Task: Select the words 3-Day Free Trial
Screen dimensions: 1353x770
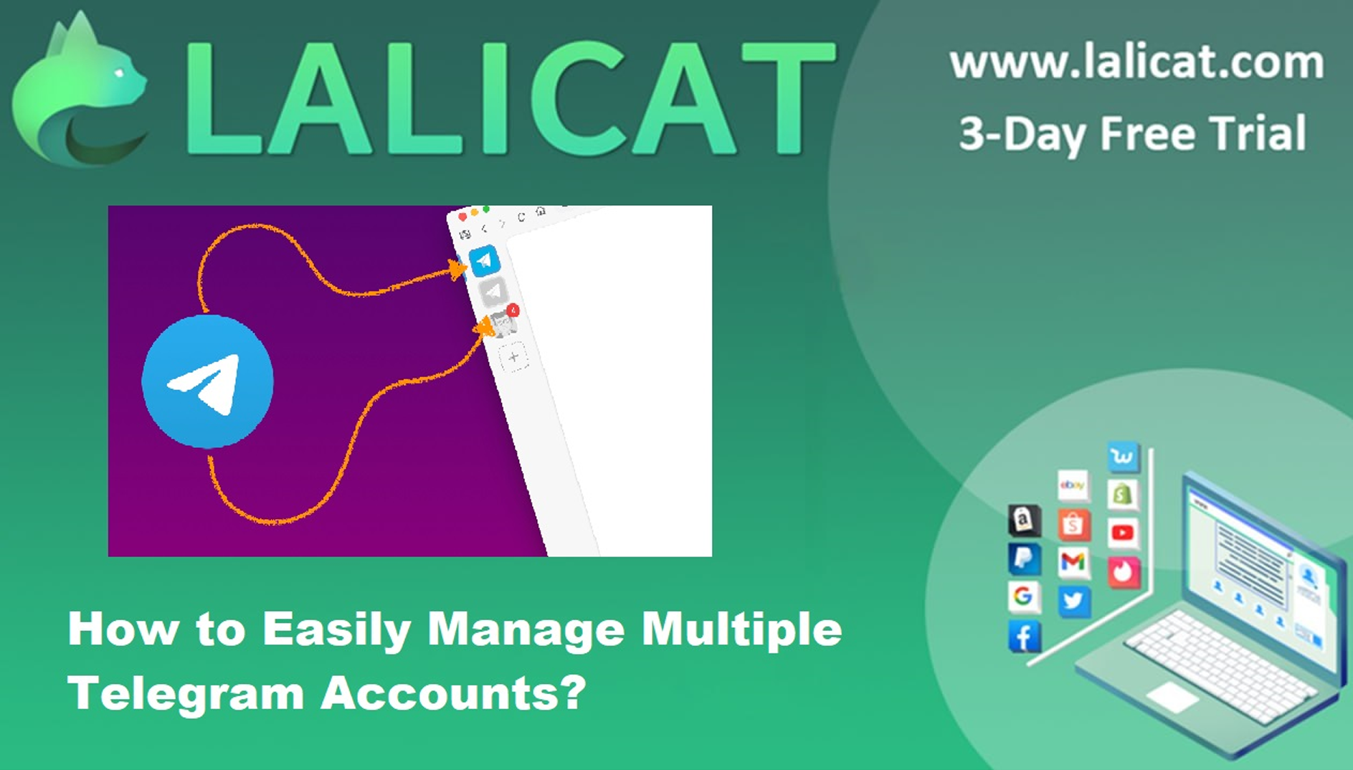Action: click(x=1133, y=133)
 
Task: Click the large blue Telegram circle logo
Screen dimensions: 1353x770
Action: click(x=207, y=381)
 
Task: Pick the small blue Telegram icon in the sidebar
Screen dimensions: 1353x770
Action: click(x=485, y=260)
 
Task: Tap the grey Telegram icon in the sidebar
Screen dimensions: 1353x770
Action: click(x=493, y=292)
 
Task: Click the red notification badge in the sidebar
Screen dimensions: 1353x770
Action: click(x=513, y=310)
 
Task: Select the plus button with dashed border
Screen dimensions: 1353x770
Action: click(x=513, y=356)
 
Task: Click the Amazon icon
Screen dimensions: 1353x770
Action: click(x=1024, y=520)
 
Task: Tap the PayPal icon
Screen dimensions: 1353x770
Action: click(x=1024, y=559)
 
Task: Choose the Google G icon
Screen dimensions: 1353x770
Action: click(x=1023, y=596)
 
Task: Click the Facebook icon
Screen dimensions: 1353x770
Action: click(x=1024, y=636)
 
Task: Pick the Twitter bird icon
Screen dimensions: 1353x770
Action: click(x=1073, y=601)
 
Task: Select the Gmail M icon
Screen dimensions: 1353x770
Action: click(x=1073, y=562)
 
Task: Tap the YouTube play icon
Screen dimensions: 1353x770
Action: click(x=1122, y=533)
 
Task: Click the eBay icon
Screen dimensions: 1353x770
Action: click(x=1073, y=485)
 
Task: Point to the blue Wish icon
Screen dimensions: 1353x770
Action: click(x=1122, y=456)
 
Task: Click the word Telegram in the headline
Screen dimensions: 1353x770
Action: click(x=186, y=695)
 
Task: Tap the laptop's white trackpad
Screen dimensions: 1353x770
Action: click(x=1173, y=696)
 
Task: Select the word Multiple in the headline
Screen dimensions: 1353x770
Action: click(x=741, y=629)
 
